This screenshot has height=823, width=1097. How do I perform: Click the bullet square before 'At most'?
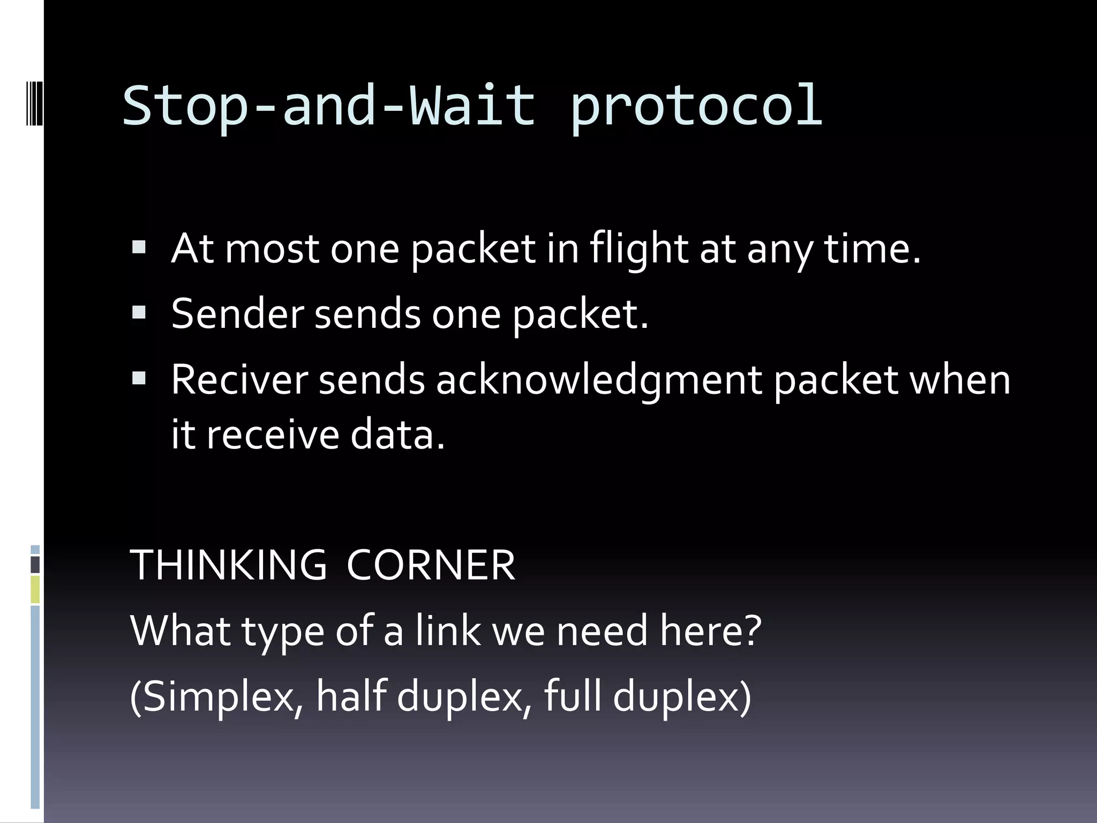tap(139, 247)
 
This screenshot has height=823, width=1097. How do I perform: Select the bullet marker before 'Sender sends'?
tap(139, 312)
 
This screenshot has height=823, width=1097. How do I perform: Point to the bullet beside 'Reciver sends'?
tap(139, 379)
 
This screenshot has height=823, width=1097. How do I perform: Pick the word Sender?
tap(237, 314)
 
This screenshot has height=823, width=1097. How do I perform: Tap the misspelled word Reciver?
tap(239, 380)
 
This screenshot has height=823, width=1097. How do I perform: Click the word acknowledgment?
tap(599, 381)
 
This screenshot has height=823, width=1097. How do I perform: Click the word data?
tap(397, 435)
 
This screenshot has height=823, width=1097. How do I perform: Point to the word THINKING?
tap(228, 565)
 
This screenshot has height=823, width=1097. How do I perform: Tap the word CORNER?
tap(431, 565)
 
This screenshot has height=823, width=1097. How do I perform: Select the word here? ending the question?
tap(710, 631)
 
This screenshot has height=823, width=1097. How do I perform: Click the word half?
tap(351, 696)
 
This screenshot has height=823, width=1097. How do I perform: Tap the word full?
tap(572, 696)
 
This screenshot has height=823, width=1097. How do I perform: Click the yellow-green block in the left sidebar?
tap(35, 589)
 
